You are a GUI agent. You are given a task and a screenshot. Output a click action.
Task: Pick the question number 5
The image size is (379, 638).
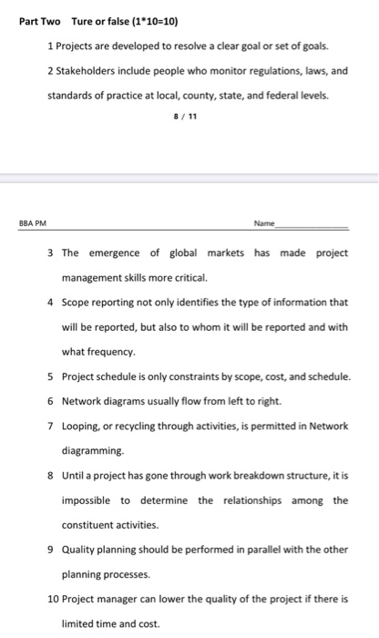coord(50,376)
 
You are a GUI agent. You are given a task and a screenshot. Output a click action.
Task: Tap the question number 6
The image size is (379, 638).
coord(50,400)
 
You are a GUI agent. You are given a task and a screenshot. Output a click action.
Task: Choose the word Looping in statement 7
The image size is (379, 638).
coord(83,426)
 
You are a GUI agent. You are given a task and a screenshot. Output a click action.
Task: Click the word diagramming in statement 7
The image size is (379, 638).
coord(95,450)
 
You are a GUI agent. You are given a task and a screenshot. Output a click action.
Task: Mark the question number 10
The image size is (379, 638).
coord(52,599)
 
